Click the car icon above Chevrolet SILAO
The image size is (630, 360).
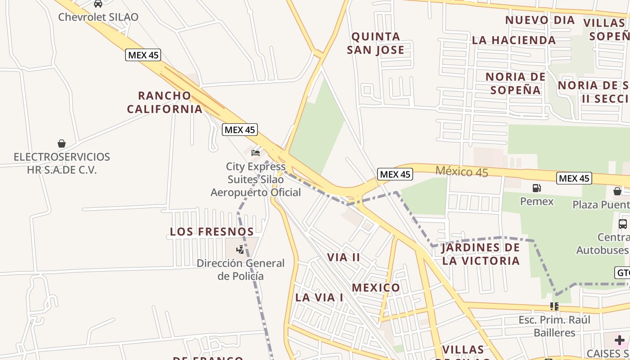(98, 4)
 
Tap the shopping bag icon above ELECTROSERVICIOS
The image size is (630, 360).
(62, 144)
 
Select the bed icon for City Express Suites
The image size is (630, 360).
(256, 153)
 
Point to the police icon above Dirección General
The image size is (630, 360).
(240, 249)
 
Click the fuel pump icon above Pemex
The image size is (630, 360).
(536, 188)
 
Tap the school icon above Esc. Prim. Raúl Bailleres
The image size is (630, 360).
(554, 306)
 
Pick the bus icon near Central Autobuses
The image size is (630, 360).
(623, 224)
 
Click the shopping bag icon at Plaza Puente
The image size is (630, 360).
(617, 191)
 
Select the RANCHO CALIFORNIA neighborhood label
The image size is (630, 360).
(165, 102)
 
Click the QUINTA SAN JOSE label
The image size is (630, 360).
(376, 43)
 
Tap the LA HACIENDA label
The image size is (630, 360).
(514, 40)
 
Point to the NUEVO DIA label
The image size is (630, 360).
(540, 20)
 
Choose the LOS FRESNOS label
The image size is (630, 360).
(212, 232)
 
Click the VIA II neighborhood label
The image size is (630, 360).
(344, 257)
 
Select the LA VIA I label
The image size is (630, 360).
(319, 297)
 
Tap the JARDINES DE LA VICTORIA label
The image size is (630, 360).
(481, 254)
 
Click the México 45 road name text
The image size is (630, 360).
(462, 171)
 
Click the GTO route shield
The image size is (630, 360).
(623, 273)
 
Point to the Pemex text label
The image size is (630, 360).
(537, 201)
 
